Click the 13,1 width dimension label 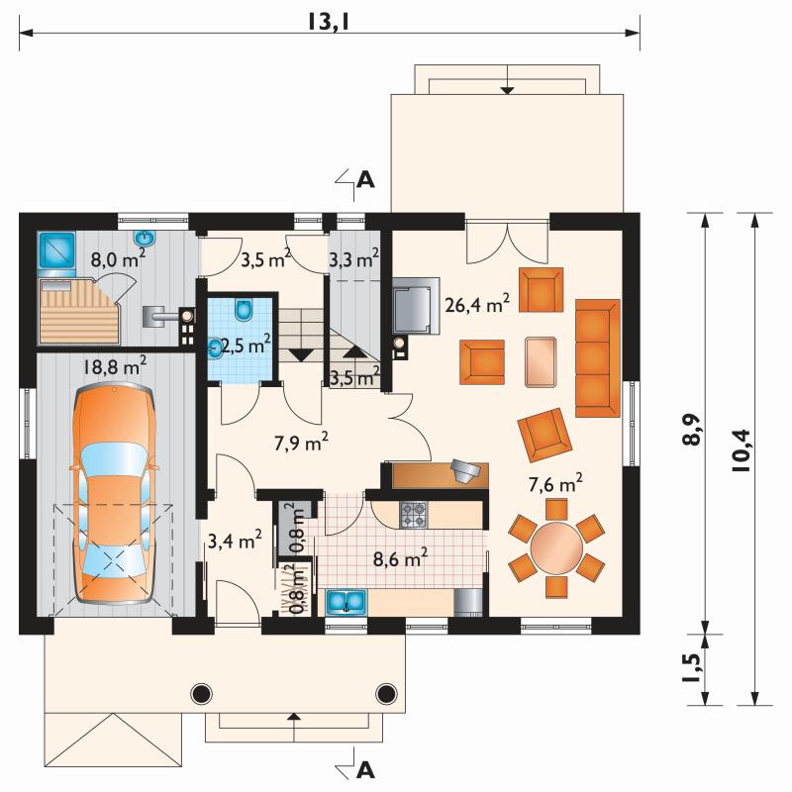329,22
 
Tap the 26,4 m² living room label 477,304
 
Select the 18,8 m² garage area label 115,366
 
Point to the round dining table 556,548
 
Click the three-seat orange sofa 598,358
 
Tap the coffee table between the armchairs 541,362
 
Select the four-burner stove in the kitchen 414,515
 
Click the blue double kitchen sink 346,602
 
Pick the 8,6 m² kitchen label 401,558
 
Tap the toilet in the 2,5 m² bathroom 244,310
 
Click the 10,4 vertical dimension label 742,450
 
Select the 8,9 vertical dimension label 693,430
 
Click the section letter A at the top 365,179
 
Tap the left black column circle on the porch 201,694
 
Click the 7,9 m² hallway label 302,443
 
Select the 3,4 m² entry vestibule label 235,541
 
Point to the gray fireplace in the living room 416,306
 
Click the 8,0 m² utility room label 118,259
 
